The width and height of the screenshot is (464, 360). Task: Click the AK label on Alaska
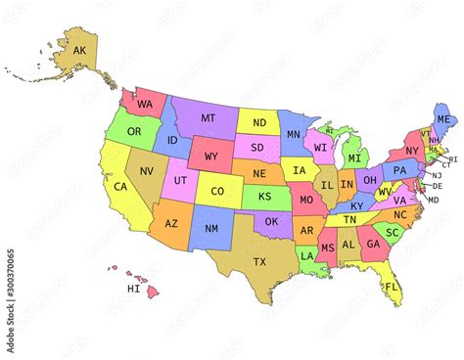[x=79, y=50]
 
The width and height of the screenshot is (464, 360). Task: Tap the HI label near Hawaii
[x=133, y=290]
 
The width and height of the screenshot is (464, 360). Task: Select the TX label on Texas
[x=259, y=261]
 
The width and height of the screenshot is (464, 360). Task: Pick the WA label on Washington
[x=145, y=104]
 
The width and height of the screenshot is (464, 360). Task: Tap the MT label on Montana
[x=208, y=118]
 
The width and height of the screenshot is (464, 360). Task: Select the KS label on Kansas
[x=265, y=197]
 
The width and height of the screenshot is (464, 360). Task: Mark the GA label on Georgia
[x=373, y=245]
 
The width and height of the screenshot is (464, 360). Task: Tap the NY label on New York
[x=412, y=151]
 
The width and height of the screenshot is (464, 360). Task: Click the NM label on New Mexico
[x=210, y=228]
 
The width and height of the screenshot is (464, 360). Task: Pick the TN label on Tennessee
[x=349, y=220]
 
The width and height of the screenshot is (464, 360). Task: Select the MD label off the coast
[x=433, y=200]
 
